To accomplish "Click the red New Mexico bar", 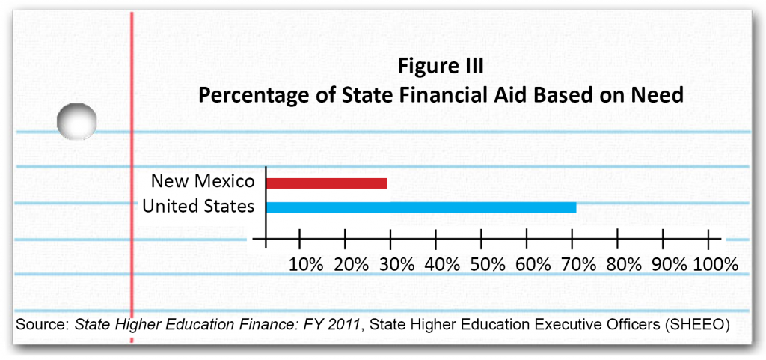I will [x=326, y=183].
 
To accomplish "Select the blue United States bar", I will [x=421, y=207].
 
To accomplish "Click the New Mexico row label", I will [x=203, y=181].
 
